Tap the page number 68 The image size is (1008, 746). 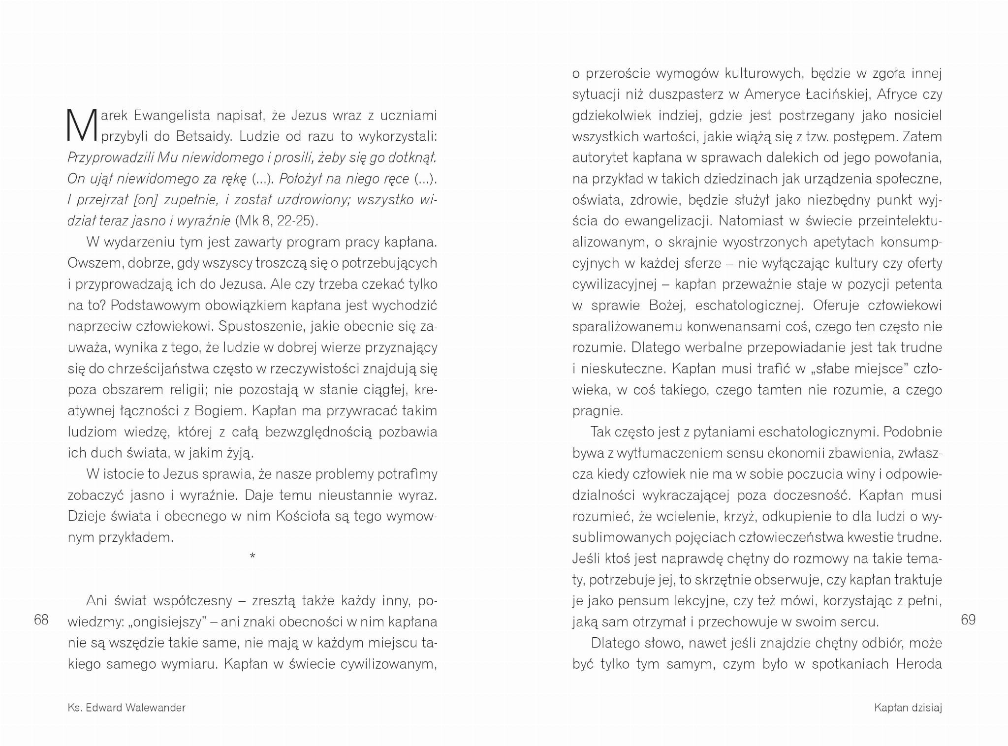41,620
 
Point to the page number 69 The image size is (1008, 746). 968,620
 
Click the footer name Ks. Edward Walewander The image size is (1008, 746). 126,708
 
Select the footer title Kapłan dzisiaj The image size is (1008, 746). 908,708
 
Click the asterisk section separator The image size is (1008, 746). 252,557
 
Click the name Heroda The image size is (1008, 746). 918,664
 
